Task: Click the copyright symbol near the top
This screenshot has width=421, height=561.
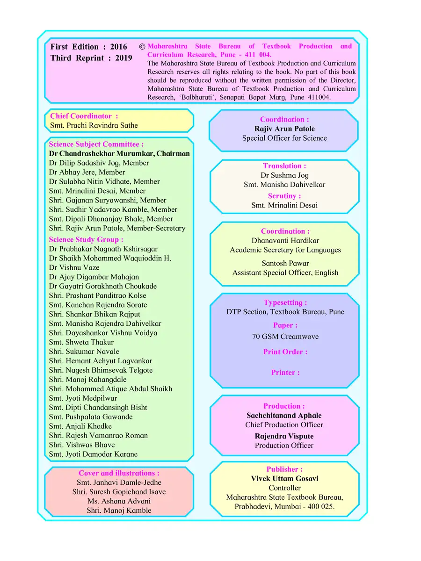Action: (142, 47)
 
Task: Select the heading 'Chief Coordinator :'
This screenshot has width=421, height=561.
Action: (84, 116)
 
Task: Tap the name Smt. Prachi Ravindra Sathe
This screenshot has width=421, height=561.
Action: (94, 125)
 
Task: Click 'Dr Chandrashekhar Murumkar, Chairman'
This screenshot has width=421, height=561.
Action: (119, 153)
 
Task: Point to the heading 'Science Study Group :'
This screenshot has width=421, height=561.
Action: (86, 239)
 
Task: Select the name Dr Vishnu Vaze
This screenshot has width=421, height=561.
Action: (74, 267)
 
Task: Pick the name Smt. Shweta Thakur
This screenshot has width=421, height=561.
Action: (81, 342)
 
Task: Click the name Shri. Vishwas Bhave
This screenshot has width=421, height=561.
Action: (82, 445)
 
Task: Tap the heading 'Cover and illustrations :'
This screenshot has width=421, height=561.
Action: (119, 473)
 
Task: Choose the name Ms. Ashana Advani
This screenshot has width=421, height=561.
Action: (119, 501)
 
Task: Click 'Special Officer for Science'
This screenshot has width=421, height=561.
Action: (284, 138)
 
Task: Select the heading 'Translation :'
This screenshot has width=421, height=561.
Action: (284, 166)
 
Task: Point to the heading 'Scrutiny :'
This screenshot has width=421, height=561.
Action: (284, 196)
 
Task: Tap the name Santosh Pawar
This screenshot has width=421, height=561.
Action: (285, 263)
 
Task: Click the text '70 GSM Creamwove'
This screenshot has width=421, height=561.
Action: (285, 336)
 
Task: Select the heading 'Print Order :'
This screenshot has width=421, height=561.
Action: (285, 352)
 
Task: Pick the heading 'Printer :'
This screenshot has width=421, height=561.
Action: (285, 373)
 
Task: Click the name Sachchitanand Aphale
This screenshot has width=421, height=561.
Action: (284, 415)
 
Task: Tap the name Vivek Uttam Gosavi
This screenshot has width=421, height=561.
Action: (284, 478)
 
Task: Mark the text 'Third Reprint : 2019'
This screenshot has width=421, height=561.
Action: (91, 58)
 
